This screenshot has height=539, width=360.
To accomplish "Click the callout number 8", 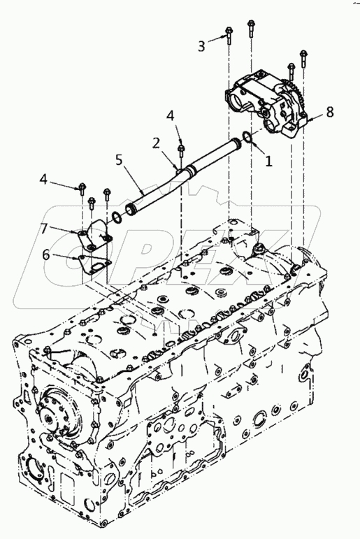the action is coord(329,112).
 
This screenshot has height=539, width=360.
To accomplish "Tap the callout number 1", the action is coord(268,161).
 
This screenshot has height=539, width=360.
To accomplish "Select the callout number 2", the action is coord(157,143).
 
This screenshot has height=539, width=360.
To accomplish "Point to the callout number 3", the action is coord(202,45).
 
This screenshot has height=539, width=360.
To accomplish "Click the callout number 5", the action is coord(119,160).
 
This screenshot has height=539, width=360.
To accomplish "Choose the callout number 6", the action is coord(47,254).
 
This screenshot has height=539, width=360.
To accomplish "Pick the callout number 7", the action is coord(45,229).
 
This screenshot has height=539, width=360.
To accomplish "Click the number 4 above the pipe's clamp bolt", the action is coord(171,116).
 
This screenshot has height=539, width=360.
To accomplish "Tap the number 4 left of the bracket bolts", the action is coord(43,179).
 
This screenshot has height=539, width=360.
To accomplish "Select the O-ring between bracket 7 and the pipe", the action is coord(117,217).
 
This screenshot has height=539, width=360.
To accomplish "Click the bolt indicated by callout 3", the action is coord(229,36).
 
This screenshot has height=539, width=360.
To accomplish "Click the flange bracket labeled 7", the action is coord(94,236).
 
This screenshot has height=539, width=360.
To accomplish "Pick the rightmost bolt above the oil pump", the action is coord(303,59).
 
